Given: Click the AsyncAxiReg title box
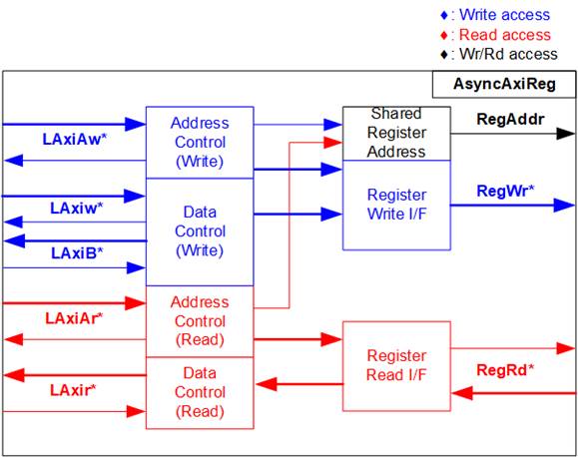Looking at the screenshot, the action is (504, 85).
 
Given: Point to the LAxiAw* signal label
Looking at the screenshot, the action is (75, 140).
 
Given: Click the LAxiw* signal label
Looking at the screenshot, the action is (76, 209).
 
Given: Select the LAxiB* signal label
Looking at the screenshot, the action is (77, 253).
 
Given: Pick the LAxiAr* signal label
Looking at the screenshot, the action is (74, 318).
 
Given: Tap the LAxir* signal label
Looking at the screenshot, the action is (73, 390).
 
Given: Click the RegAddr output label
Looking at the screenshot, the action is (510, 119).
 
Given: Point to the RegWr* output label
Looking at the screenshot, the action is (505, 191).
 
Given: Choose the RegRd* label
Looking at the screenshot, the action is (505, 370).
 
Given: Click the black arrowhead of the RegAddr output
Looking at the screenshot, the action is (565, 134).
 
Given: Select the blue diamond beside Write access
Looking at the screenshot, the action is (444, 16).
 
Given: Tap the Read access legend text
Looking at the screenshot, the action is (505, 35).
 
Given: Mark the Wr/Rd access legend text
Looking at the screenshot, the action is (508, 54).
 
